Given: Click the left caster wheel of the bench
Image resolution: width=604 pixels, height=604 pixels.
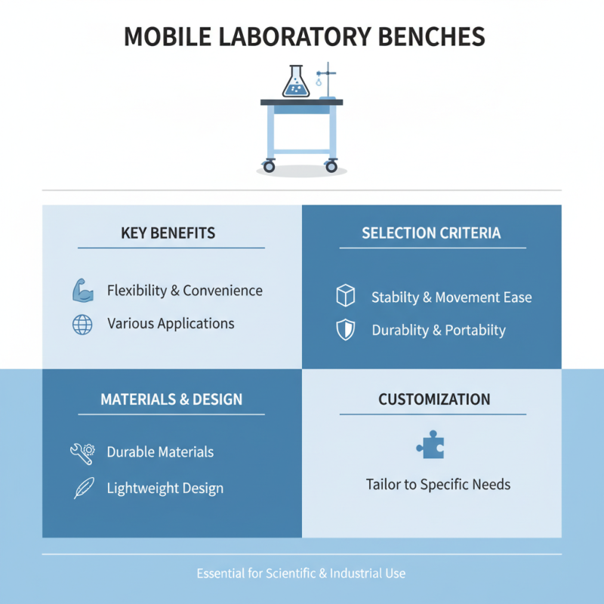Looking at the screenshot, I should (270, 165).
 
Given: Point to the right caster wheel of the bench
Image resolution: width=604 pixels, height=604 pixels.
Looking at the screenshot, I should (331, 165).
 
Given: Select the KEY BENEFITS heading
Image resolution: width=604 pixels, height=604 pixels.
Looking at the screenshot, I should (168, 233).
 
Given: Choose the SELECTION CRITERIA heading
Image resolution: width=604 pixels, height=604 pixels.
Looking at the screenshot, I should (431, 233).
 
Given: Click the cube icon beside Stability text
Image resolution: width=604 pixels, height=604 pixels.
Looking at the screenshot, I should (345, 297).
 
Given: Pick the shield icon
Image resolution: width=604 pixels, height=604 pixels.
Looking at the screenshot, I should (345, 330).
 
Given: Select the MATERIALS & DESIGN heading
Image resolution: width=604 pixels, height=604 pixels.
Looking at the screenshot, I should (171, 399).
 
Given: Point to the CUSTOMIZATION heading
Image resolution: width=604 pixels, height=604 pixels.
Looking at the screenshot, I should (434, 399).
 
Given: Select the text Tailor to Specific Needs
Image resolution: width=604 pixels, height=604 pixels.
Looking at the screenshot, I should (438, 484).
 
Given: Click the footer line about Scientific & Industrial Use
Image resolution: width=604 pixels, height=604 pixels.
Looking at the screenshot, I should (301, 573).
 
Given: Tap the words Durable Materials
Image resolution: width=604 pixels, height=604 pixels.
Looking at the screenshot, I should (160, 452).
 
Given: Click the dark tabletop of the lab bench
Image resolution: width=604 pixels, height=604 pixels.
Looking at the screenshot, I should (301, 102).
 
